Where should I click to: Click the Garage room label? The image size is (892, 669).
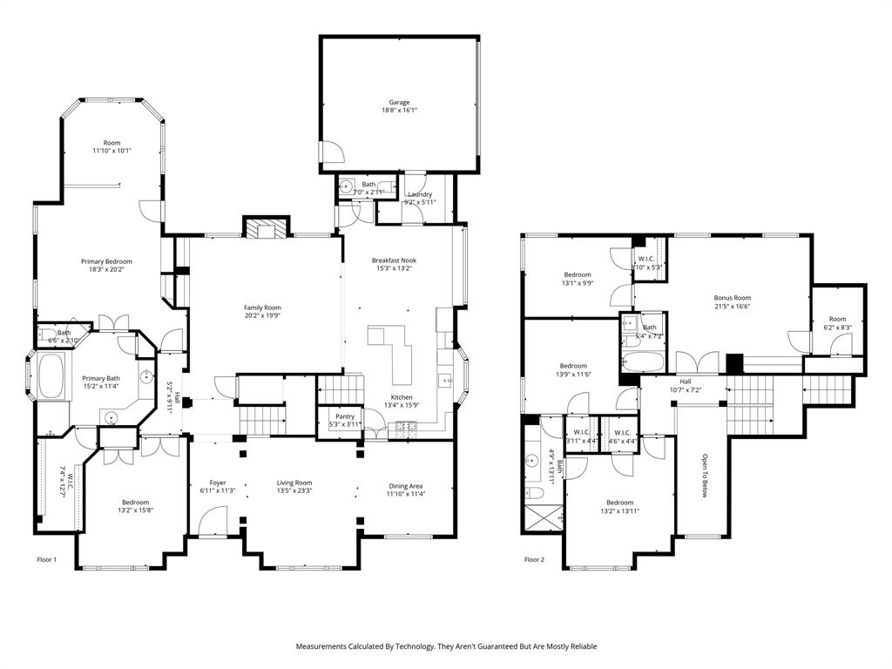tap(399, 103)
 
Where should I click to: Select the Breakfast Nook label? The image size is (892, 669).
tap(394, 260)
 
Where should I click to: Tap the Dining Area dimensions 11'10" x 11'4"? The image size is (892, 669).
tap(406, 494)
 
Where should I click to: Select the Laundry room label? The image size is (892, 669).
tap(420, 194)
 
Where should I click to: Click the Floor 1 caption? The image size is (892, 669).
tap(47, 559)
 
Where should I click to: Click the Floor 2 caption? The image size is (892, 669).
tap(534, 559)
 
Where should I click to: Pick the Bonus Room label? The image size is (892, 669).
tap(732, 298)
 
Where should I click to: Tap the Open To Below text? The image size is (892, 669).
tap(705, 474)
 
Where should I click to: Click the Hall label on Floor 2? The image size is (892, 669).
tap(686, 382)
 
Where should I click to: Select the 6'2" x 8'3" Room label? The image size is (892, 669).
tap(837, 320)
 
